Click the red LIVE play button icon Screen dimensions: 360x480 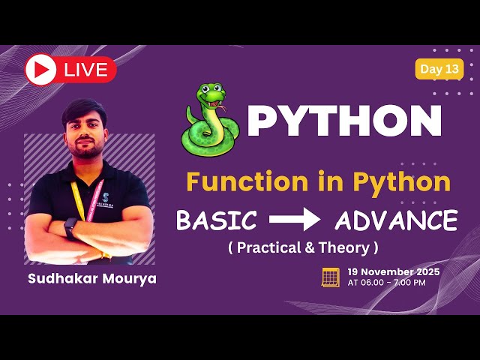[x=40, y=70]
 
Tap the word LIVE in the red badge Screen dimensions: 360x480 [x=85, y=70]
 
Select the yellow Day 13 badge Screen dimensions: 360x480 [x=439, y=69]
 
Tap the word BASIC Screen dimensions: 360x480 [x=216, y=220]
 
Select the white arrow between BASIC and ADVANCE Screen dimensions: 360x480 [x=295, y=220]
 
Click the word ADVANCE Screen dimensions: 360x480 [x=396, y=220]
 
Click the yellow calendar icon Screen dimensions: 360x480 [x=330, y=276]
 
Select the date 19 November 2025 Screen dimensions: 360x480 [x=394, y=271]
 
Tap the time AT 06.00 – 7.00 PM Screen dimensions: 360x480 [x=386, y=283]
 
